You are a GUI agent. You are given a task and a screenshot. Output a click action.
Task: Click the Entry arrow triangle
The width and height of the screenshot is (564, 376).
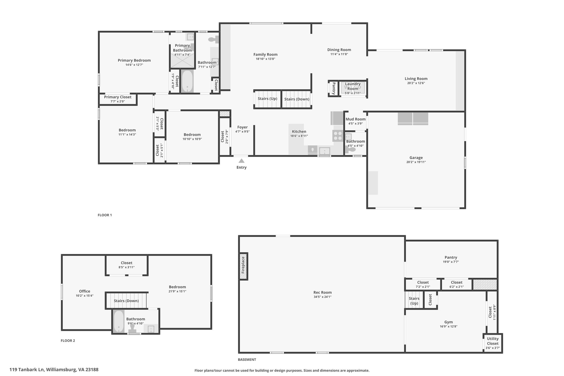[x=241, y=161]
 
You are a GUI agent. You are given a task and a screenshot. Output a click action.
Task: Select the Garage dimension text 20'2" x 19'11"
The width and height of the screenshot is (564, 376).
[x=416, y=162]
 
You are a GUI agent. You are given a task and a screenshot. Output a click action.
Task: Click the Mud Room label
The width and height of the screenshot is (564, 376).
[x=356, y=119]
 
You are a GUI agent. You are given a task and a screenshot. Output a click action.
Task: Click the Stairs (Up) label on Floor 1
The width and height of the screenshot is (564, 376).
[x=267, y=99]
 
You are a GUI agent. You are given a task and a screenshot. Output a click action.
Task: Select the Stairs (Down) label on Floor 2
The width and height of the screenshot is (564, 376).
[x=126, y=301]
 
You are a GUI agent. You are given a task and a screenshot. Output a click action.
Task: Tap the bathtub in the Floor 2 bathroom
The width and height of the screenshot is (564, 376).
[x=119, y=321]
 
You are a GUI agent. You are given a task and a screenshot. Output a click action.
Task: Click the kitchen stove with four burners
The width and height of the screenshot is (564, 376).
[x=338, y=136]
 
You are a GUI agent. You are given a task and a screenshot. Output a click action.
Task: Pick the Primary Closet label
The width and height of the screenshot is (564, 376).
[x=118, y=97]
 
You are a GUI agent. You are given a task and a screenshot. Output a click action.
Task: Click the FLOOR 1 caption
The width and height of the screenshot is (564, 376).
[x=105, y=215]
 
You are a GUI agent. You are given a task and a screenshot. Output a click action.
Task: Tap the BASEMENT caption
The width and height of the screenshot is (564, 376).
[x=247, y=359]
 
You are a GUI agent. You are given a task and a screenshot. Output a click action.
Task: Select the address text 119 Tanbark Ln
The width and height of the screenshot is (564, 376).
[x=27, y=370]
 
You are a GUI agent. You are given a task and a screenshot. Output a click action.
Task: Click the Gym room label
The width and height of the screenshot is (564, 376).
[x=448, y=322]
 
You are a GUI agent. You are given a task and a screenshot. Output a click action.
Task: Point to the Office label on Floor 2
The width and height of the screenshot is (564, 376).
[x=85, y=291]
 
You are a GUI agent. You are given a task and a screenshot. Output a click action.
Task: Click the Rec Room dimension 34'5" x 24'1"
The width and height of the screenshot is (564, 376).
[x=322, y=297]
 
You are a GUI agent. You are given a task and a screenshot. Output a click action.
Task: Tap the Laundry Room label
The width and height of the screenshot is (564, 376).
[x=352, y=86]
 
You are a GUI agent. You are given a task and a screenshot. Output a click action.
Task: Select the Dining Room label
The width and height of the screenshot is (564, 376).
[x=339, y=50]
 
